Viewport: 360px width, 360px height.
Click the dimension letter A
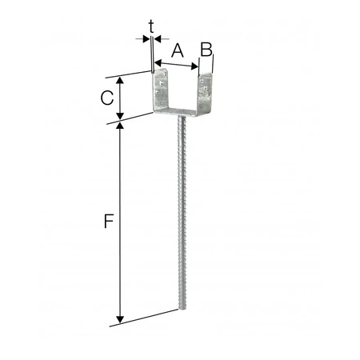pyautogui.click(x=177, y=50)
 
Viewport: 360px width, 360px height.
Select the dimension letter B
pyautogui.click(x=206, y=49)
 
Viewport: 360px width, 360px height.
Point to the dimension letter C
pyautogui.click(x=106, y=98)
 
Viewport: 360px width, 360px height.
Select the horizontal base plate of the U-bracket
pyautogui.click(x=182, y=115)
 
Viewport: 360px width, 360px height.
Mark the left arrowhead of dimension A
pyautogui.click(x=158, y=62)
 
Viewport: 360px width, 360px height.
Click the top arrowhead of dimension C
pyautogui.click(x=120, y=80)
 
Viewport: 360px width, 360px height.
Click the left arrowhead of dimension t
pyautogui.click(x=146, y=37)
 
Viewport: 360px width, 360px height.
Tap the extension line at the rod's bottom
pyautogui.click(x=152, y=317)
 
